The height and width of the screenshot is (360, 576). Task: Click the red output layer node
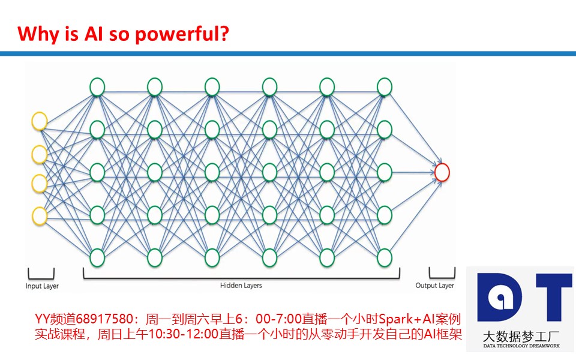442,172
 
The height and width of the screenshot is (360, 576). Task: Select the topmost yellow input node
40,121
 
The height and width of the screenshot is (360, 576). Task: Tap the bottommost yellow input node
40,216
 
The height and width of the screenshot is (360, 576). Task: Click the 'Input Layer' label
42,286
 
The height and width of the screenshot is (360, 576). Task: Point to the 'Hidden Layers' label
241,285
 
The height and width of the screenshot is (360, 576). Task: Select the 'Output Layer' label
434,286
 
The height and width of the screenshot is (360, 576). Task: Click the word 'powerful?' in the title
182,34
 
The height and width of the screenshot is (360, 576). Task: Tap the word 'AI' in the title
94,34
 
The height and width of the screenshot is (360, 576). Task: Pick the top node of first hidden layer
97,87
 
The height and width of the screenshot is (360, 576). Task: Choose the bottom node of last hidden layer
385,257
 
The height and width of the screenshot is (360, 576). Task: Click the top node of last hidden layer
385,87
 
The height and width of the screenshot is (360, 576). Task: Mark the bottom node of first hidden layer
97,257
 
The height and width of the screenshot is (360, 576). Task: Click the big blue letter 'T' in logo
554,297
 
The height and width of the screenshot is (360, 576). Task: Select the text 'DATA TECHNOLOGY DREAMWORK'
521,346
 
